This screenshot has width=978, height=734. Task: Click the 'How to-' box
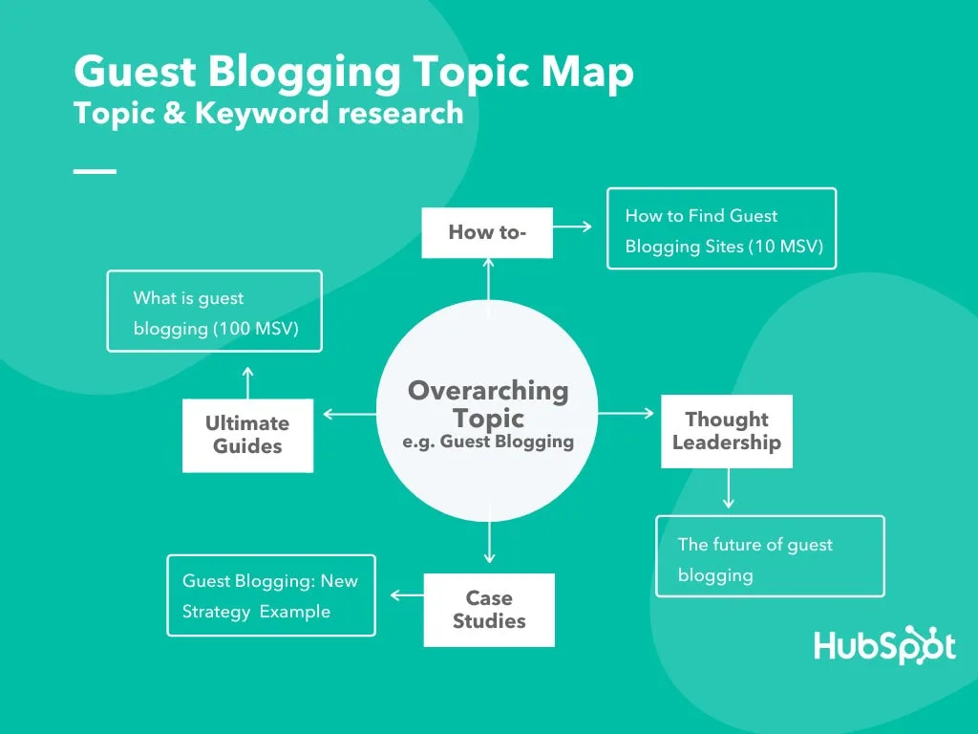[487, 232]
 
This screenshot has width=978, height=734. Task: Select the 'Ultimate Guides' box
[247, 435]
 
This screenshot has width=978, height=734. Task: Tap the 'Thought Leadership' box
[727, 431]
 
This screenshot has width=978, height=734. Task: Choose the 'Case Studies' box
[489, 610]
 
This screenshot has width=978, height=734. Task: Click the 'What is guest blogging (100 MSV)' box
[214, 312]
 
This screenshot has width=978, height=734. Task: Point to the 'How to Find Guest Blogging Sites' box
[721, 228]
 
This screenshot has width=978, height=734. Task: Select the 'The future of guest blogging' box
[770, 556]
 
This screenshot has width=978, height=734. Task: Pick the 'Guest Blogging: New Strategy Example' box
[271, 595]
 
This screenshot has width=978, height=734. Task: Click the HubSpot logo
[884, 646]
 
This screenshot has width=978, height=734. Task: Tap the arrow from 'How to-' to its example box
[572, 227]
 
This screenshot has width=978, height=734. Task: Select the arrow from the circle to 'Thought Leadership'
[626, 414]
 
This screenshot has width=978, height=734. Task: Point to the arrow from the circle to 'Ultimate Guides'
[350, 414]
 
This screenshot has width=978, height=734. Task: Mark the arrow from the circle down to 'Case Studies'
[489, 542]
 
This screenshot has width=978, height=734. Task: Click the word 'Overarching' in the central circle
[488, 391]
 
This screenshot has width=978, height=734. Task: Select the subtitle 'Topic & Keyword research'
[268, 113]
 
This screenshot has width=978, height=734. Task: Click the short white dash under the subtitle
[95, 171]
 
